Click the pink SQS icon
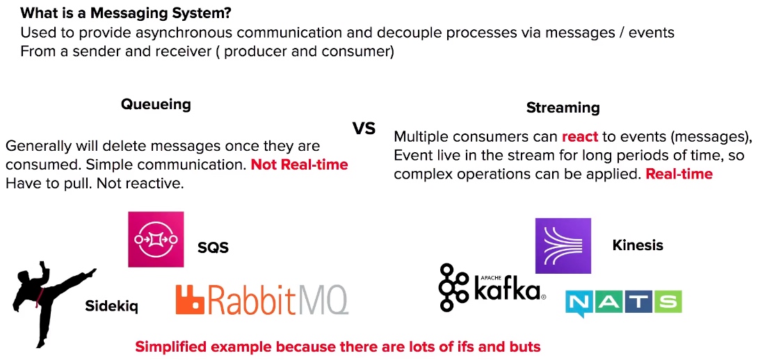coord(156,239)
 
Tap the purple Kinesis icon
coord(563,245)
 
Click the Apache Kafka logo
coord(492,287)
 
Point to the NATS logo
coord(624,303)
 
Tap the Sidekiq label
coord(112,306)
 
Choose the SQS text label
coord(213,248)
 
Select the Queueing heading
coord(156,104)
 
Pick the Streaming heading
coord(563,107)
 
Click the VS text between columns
coord(364,129)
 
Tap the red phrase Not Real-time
coord(299,165)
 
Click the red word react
coord(580,137)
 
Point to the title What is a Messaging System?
coord(126,13)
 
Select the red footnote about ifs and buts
coord(337,347)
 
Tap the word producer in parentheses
coord(253,51)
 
